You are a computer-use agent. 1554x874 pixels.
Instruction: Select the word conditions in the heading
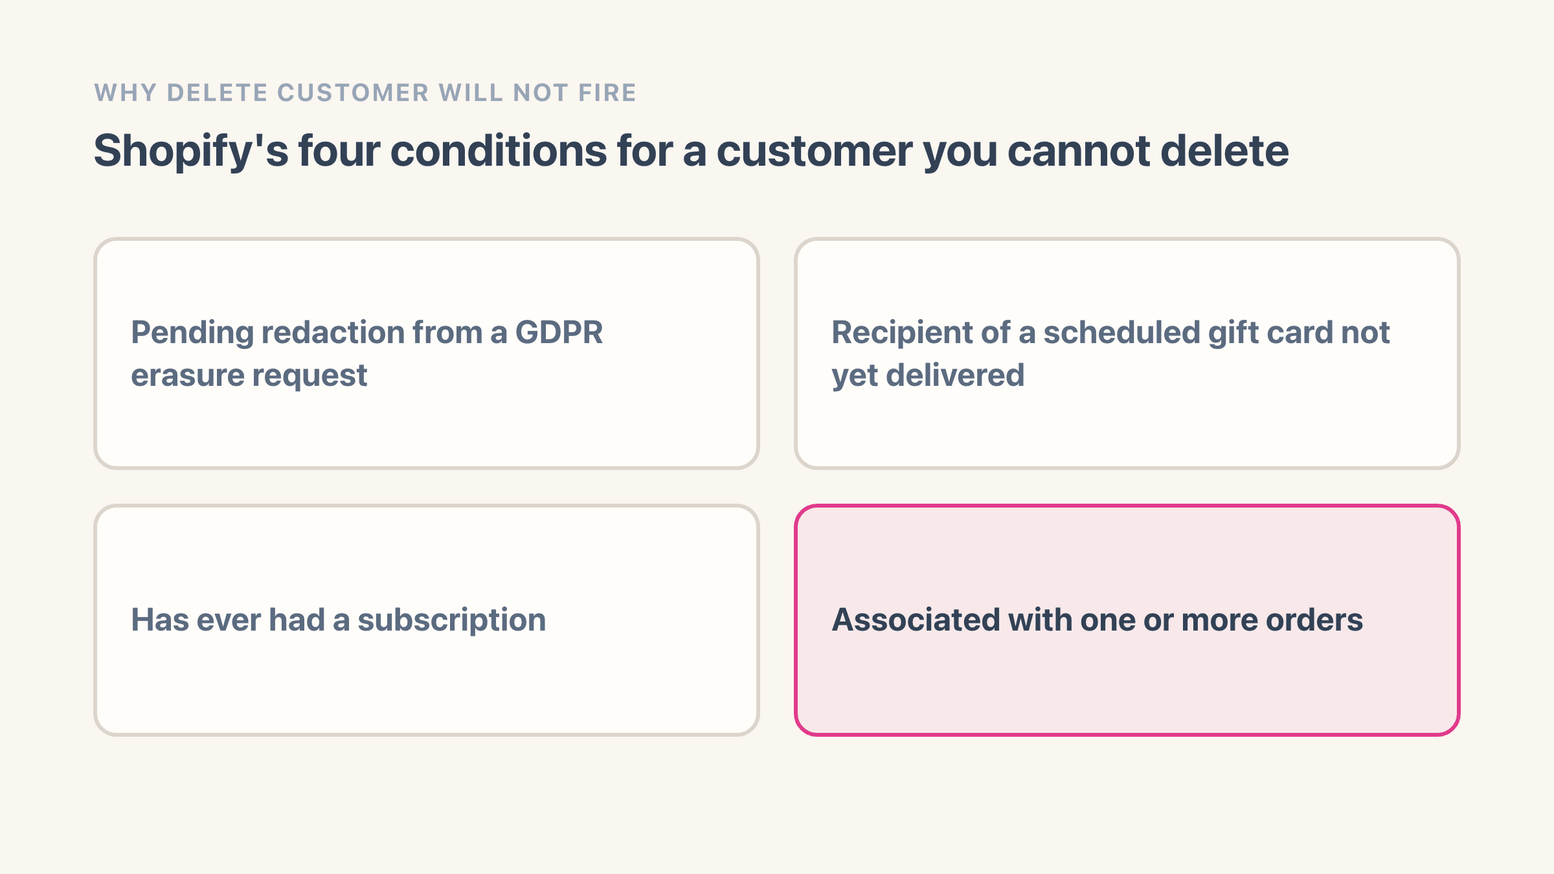(x=499, y=151)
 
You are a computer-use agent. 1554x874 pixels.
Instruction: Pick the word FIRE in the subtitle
(x=607, y=93)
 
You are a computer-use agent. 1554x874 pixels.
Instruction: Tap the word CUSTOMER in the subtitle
(x=354, y=93)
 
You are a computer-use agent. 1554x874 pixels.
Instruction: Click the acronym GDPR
(x=559, y=333)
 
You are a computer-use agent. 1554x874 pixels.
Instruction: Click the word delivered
(x=955, y=375)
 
